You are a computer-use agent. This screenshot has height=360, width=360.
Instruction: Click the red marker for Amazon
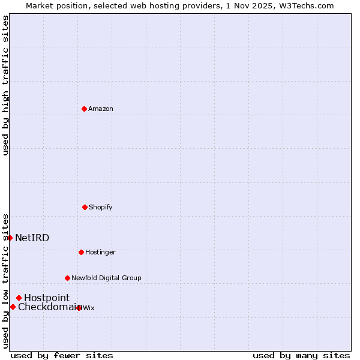[x=84, y=109]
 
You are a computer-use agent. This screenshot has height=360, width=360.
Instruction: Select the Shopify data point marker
[x=85, y=207]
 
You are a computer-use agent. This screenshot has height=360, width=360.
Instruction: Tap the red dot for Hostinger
[x=81, y=252]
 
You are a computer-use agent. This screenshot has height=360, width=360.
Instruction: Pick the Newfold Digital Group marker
[x=67, y=278]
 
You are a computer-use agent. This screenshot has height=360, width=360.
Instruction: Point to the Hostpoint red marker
[x=19, y=298]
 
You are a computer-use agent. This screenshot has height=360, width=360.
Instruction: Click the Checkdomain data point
[x=13, y=307]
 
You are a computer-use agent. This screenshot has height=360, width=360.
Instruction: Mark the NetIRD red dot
[x=10, y=238]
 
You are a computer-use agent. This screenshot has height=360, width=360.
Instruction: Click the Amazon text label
[x=101, y=109]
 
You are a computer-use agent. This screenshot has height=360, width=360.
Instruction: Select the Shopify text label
[x=101, y=207]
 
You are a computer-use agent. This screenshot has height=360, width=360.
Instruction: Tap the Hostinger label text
[x=100, y=252]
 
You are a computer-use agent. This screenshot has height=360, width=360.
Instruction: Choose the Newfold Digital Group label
[x=106, y=278]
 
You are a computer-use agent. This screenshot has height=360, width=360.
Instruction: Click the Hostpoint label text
[x=47, y=298]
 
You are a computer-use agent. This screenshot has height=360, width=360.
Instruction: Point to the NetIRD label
[x=32, y=238]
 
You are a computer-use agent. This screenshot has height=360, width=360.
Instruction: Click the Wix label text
[x=89, y=308]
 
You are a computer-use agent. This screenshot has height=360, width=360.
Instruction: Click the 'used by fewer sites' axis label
[x=62, y=355]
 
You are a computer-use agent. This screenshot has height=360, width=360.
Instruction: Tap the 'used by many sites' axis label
[x=301, y=355]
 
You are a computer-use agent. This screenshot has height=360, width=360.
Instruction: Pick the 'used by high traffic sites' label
[x=5, y=85]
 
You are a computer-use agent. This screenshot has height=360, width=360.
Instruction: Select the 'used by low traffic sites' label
[x=5, y=281]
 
